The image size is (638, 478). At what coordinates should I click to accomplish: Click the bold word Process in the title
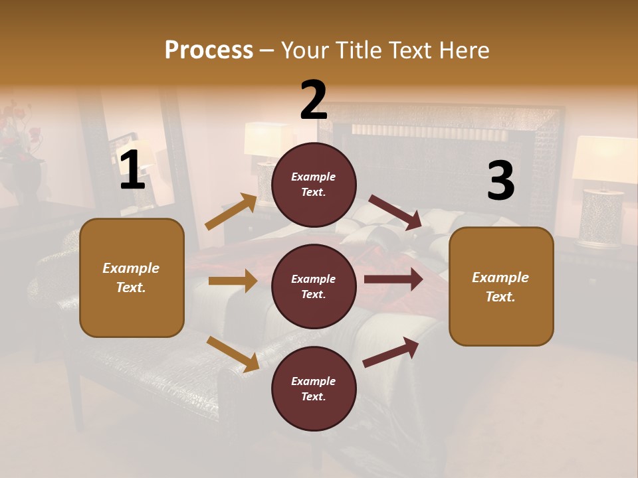click(209, 50)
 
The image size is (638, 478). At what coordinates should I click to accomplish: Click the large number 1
click(132, 171)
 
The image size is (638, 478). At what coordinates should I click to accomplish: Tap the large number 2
click(314, 100)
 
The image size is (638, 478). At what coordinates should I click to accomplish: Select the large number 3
click(500, 181)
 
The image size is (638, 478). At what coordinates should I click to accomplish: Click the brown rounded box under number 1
click(132, 278)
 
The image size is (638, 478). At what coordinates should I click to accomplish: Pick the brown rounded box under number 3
click(501, 286)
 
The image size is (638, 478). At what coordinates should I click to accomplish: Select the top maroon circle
click(314, 185)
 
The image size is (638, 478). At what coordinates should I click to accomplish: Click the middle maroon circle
click(314, 286)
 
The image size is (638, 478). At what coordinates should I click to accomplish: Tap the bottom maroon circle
click(314, 388)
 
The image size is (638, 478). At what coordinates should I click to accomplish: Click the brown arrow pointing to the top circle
click(231, 212)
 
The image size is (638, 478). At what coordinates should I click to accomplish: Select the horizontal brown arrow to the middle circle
click(233, 281)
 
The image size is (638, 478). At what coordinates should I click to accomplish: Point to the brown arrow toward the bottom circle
click(233, 354)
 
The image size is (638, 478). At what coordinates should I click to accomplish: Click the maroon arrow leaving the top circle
click(396, 212)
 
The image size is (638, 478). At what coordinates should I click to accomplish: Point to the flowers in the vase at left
click(20, 129)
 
